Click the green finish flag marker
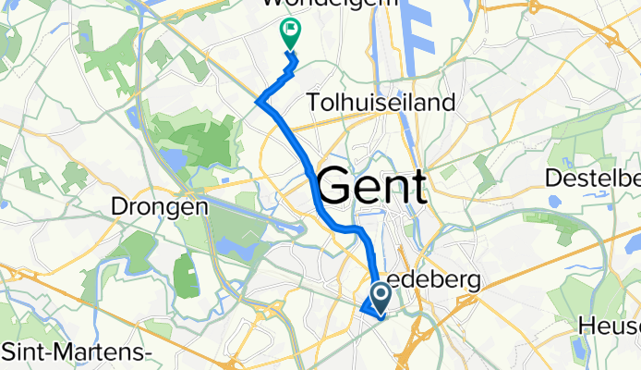289,32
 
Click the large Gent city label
373,188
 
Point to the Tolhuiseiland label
383,102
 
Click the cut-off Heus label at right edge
609,326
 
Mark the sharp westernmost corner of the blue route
257,101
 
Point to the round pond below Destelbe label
552,199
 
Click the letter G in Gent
336,189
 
